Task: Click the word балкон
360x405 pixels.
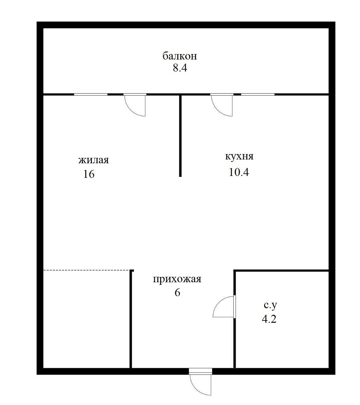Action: point(180,56)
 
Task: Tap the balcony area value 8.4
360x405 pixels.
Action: point(180,68)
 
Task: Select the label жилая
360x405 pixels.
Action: point(93,160)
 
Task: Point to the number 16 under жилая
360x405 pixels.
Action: point(89,174)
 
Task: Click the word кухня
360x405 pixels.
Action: point(239,156)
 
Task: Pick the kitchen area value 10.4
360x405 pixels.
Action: point(239,172)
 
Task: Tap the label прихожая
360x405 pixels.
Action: point(177,279)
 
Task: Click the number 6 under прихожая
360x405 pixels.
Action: point(177,293)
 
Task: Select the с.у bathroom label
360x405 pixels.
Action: point(270,305)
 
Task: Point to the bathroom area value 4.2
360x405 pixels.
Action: point(269,319)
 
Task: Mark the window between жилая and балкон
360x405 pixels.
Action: point(91,94)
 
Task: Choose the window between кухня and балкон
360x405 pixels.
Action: point(258,94)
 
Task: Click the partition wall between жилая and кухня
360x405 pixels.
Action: point(180,136)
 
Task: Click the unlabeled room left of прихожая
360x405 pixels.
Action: point(86,320)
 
